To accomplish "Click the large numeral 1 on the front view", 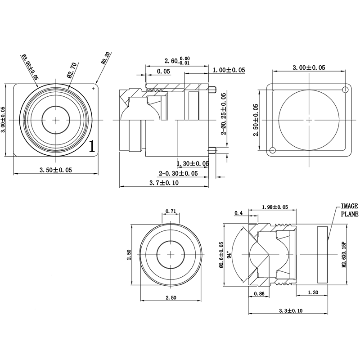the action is tap(92, 146).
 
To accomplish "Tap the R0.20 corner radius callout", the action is tap(106, 58).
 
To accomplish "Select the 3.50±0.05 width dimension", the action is tap(56, 170).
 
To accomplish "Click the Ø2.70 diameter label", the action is tap(72, 70).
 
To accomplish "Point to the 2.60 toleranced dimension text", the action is tap(177, 61).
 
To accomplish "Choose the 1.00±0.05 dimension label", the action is tap(229, 70).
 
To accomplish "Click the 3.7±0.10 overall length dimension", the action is tap(164, 183).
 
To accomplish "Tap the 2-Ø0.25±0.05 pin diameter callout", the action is tap(223, 114).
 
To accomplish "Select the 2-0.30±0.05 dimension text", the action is tap(178, 173).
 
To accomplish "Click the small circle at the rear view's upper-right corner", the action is tap(345, 90).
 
